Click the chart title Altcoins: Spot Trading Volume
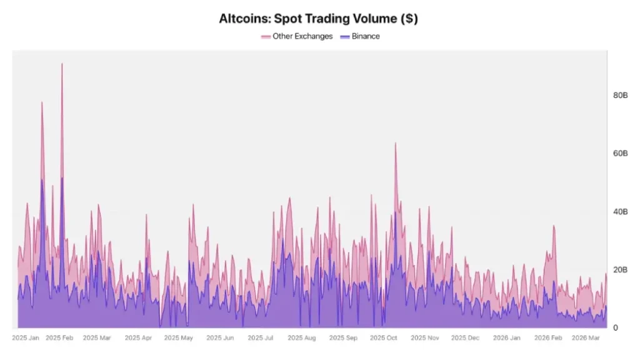(x=318, y=19)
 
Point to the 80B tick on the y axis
(x=620, y=95)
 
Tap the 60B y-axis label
(x=620, y=153)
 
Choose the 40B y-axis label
(x=620, y=212)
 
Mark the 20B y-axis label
(x=620, y=270)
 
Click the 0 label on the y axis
(x=616, y=328)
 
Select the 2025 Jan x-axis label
(x=26, y=338)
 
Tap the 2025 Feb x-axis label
(x=60, y=338)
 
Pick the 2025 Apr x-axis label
(x=138, y=338)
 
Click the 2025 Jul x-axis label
(x=261, y=338)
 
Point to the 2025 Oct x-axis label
(x=383, y=338)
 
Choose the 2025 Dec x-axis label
(x=465, y=338)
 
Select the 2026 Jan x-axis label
(x=506, y=338)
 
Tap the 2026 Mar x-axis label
(x=586, y=338)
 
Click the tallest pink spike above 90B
(x=62, y=64)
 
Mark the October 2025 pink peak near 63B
(x=395, y=144)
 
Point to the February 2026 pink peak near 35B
(x=554, y=226)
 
